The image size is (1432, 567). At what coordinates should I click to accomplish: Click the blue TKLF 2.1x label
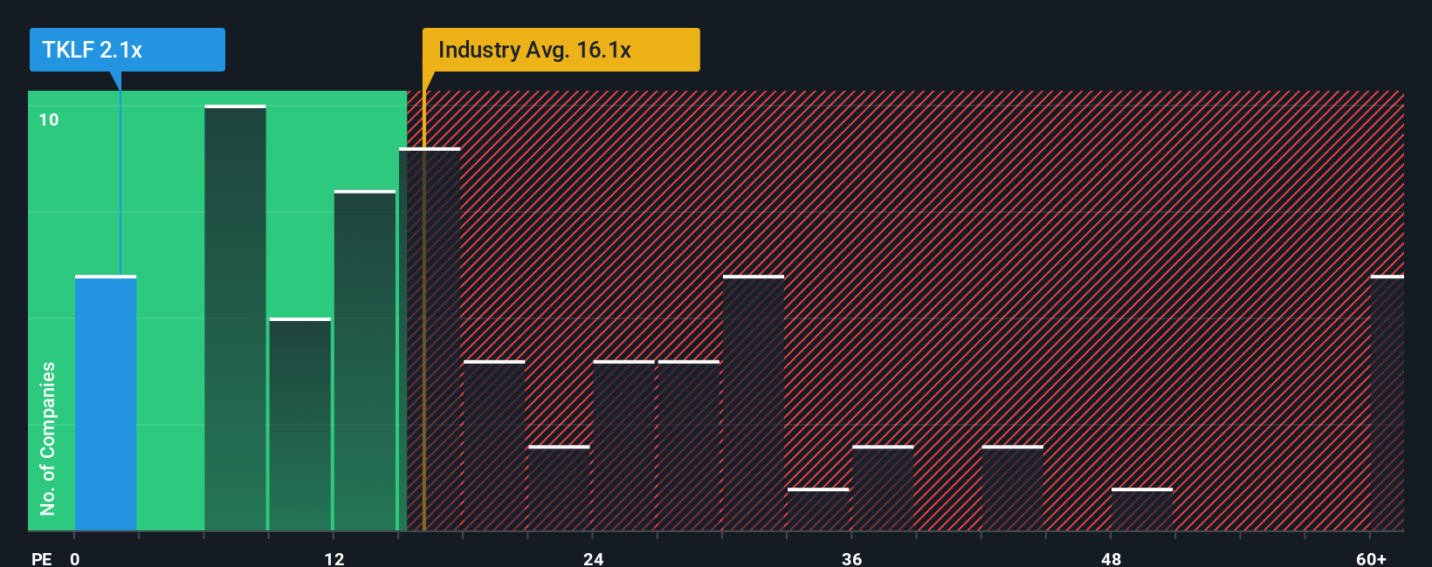127,50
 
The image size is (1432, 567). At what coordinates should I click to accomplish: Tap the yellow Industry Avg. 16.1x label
561,50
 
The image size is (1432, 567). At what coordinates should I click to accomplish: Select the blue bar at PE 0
106,403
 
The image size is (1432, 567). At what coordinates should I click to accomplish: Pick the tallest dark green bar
235,318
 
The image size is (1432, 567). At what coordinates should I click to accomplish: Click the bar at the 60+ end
1387,403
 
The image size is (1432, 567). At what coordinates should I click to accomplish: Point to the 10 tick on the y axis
49,120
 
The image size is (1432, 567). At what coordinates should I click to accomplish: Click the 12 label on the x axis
334,558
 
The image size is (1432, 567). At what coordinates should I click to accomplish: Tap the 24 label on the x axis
594,558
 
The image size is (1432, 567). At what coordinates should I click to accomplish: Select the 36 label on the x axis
852,558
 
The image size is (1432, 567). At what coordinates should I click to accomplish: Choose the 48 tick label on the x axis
1111,558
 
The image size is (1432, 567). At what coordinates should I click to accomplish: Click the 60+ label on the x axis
1371,558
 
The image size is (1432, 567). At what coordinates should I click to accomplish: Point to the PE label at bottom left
41,558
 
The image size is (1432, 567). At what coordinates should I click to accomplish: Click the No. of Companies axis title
48,438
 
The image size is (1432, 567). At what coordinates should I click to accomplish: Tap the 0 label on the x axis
75,558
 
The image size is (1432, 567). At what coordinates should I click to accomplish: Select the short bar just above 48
1142,509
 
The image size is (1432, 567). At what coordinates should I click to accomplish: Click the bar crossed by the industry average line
430,340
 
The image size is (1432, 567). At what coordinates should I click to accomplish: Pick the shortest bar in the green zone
299,425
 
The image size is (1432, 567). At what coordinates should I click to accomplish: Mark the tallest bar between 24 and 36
754,403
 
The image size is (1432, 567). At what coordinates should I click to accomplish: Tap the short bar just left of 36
818,509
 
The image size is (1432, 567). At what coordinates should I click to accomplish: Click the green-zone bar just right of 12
365,361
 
